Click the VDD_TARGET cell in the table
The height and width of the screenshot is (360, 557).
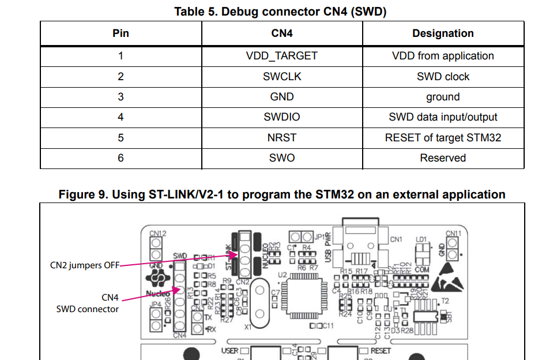point(281,56)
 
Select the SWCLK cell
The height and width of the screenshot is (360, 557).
point(281,77)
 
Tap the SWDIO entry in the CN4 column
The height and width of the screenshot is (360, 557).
point(281,117)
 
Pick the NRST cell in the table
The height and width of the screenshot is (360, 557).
point(281,138)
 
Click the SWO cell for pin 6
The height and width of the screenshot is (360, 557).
point(281,158)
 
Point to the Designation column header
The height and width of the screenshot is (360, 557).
point(443,33)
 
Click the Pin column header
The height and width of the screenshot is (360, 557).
point(121,33)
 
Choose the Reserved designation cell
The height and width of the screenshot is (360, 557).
point(443,158)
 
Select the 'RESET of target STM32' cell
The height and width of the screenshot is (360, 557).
point(443,138)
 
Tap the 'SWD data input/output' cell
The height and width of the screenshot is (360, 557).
point(443,117)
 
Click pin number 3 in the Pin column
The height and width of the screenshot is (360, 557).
point(121,97)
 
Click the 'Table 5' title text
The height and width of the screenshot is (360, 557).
point(280,12)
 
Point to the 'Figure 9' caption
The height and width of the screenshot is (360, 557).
point(282,194)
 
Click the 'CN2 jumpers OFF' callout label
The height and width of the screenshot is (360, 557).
point(85,265)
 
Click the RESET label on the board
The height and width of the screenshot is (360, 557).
point(381,350)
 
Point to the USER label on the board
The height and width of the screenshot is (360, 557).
point(230,350)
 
